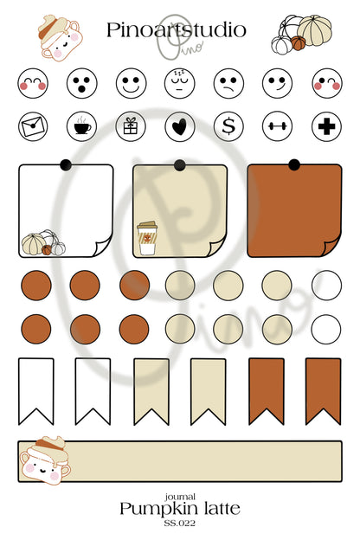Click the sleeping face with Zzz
tap(179, 83)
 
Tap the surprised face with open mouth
tap(82, 83)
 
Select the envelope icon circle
tap(33, 126)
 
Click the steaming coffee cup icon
tap(82, 126)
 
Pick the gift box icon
tap(131, 126)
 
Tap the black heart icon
tap(179, 126)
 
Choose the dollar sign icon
tap(228, 126)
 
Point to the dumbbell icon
tap(277, 126)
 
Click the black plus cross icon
tap(326, 126)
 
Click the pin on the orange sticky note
tap(294, 165)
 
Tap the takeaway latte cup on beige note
tap(147, 238)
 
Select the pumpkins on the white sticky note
tap(43, 243)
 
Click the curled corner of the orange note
tap(331, 247)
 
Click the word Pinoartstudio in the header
tap(176, 30)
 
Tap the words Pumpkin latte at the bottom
tap(180, 509)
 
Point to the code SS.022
tap(179, 523)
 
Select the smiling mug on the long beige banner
tap(45, 460)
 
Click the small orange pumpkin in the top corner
tap(298, 43)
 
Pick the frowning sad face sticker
tap(228, 83)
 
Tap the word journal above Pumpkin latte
tap(180, 497)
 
